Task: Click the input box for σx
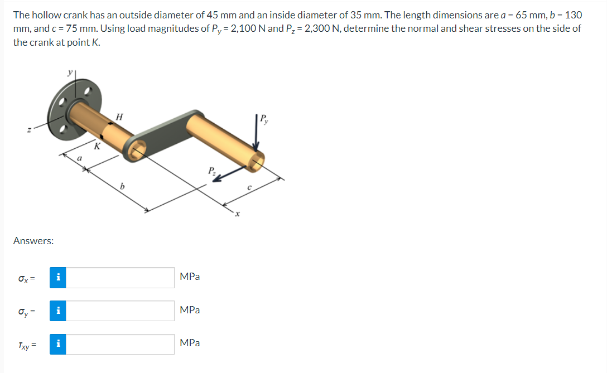120,277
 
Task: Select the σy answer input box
120,311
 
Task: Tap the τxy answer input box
120,344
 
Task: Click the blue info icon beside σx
58,277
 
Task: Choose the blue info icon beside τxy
58,344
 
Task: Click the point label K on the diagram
97,147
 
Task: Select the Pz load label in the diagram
211,170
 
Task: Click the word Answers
33,241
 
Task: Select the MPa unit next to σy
190,310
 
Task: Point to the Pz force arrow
226,175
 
